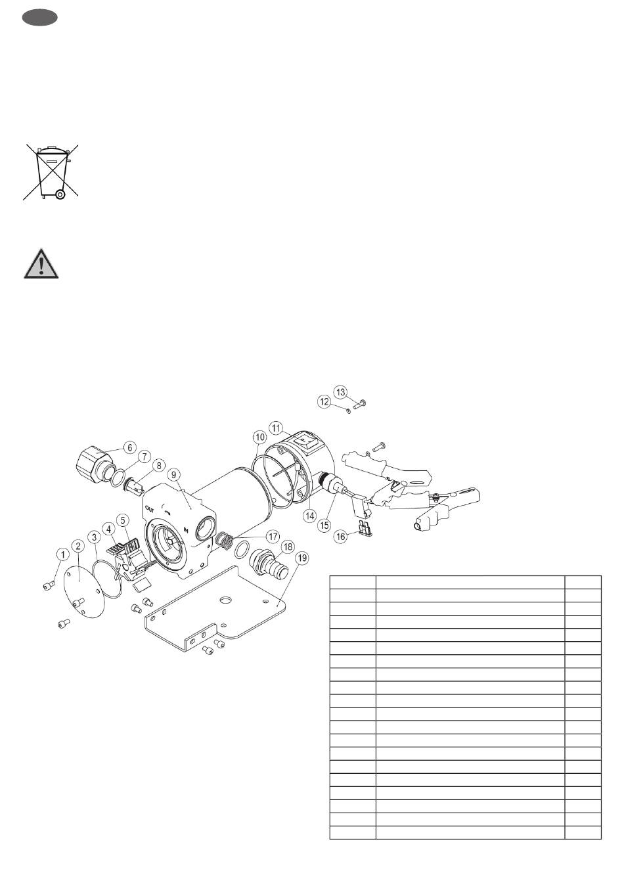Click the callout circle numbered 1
[63, 555]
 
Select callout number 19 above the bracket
[302, 558]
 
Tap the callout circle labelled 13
[340, 392]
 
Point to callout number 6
[129, 447]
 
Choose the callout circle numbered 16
[340, 537]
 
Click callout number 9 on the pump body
[173, 475]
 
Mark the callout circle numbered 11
[276, 428]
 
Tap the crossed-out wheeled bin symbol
[51, 171]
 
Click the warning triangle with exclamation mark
[41, 263]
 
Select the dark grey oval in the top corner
[40, 18]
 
